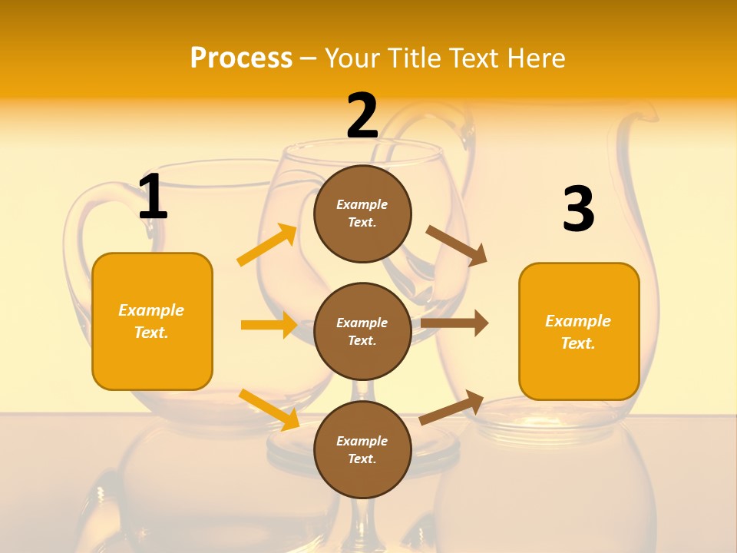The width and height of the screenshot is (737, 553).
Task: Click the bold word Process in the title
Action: (241, 58)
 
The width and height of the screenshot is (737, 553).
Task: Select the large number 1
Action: (153, 197)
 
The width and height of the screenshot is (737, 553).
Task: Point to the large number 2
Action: (362, 116)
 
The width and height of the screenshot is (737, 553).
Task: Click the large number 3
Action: (578, 210)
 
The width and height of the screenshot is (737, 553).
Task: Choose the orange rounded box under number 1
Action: (152, 321)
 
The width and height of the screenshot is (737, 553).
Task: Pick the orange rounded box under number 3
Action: (579, 332)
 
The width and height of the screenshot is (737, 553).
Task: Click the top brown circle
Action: (362, 214)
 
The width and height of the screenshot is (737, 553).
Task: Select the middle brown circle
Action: (362, 332)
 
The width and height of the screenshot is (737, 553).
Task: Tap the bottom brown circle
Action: (362, 450)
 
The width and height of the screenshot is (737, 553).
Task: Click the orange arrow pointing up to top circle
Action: (266, 245)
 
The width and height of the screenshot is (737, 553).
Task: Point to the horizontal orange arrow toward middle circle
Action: (269, 325)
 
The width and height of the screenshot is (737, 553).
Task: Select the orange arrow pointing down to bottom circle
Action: (269, 409)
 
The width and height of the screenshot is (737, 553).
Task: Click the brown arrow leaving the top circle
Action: (456, 245)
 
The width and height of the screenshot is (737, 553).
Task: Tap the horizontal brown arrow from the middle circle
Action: (454, 323)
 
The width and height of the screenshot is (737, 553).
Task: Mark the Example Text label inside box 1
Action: (151, 321)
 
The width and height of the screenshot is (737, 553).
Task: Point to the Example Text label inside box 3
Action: (578, 332)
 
